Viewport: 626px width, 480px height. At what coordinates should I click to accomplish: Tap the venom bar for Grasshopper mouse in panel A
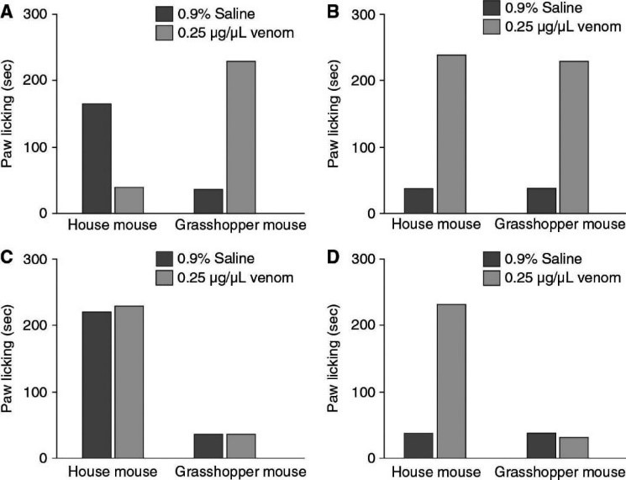click(x=240, y=137)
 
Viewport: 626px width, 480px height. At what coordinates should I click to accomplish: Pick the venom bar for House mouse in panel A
click(x=129, y=200)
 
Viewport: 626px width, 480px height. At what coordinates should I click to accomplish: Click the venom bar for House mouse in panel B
click(x=450, y=134)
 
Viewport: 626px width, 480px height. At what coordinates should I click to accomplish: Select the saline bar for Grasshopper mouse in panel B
click(x=541, y=200)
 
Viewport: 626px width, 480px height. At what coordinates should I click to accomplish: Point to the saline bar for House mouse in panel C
click(x=96, y=384)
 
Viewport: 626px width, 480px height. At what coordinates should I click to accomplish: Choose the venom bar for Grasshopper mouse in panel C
click(x=240, y=446)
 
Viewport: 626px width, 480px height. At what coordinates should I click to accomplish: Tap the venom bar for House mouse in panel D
click(x=450, y=381)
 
